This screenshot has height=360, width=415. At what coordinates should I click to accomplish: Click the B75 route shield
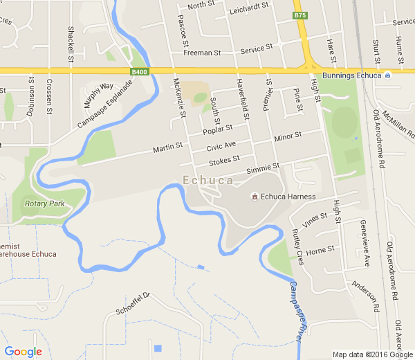299,15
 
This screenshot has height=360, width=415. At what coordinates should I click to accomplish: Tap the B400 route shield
139,71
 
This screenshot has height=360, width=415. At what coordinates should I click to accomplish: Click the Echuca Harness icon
255,197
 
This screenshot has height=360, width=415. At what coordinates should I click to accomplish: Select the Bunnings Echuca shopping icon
388,75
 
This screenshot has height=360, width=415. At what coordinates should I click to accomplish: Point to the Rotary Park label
44,204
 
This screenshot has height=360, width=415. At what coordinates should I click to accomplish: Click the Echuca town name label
207,180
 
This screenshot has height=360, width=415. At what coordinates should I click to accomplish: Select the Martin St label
167,147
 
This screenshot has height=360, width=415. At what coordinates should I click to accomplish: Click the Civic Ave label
221,146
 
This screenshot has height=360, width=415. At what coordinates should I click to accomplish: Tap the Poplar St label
218,130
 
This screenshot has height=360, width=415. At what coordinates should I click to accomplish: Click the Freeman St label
202,53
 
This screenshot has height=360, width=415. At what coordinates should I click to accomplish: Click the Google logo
23,352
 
